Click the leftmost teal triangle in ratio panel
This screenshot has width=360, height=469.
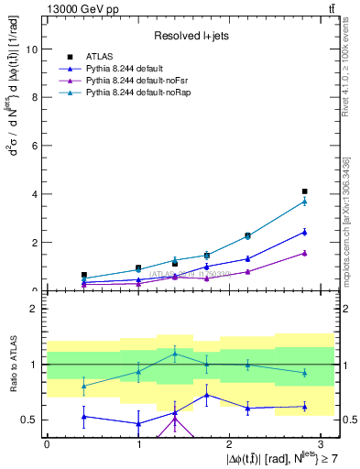coord(83,386)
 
